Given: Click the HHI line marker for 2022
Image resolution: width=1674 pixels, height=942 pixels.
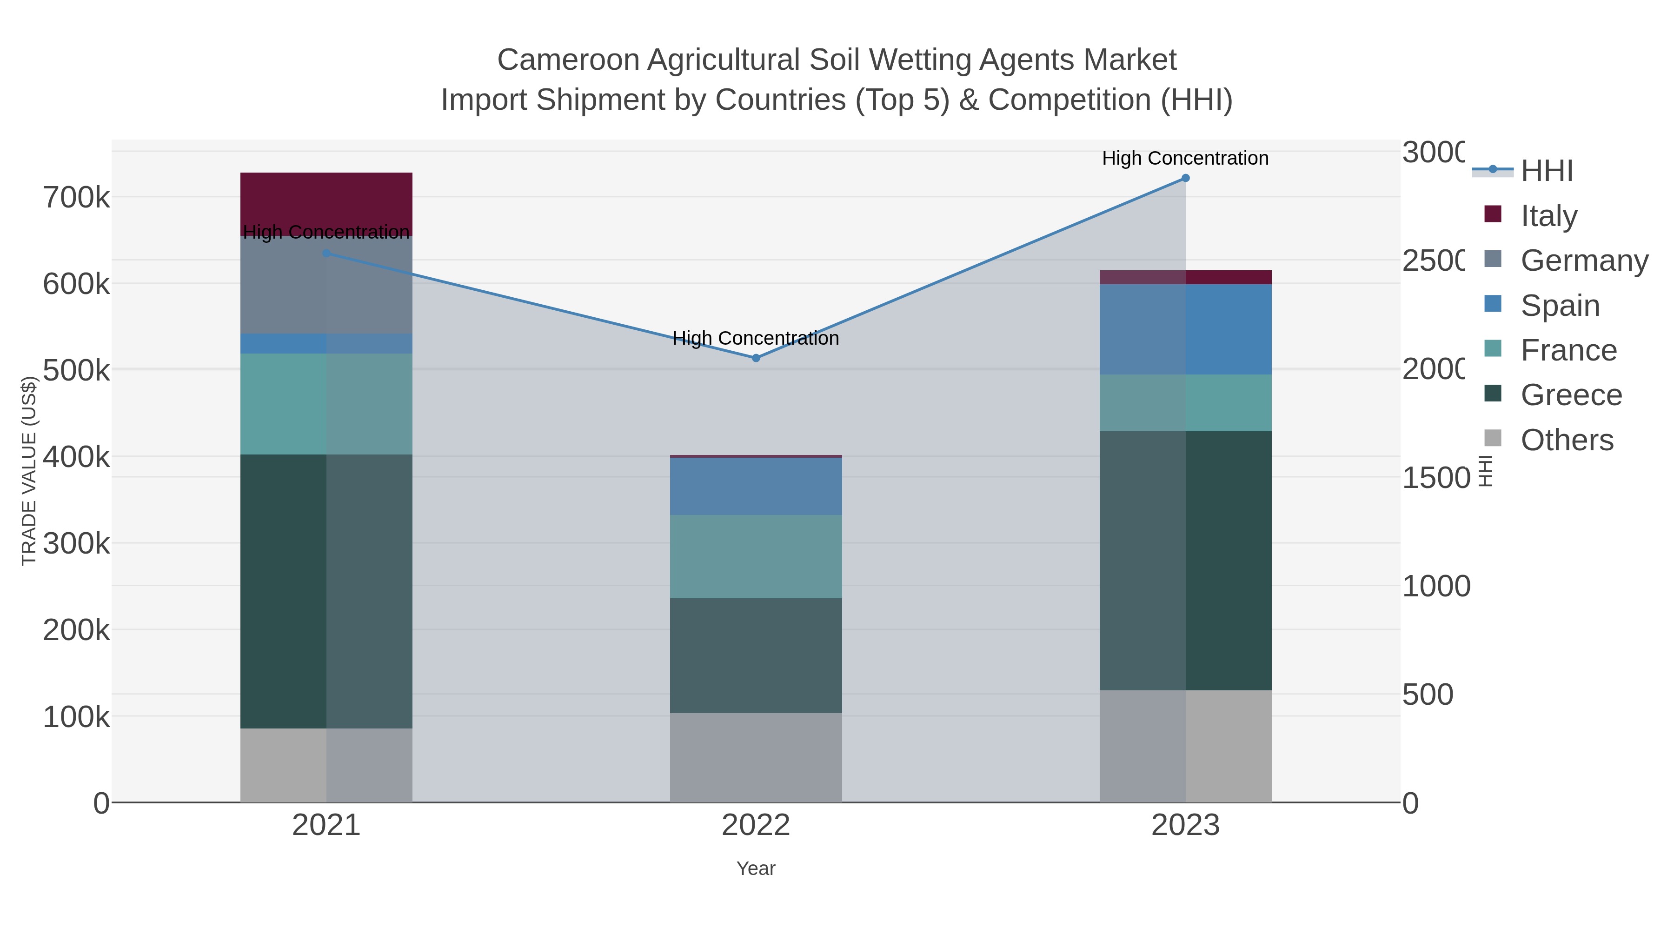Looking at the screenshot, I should (756, 358).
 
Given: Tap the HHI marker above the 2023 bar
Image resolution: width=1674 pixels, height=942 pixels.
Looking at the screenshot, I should (1185, 178).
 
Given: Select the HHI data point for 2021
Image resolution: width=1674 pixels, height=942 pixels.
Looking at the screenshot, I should (326, 254).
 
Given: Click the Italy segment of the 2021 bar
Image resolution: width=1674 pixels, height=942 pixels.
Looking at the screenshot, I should (326, 203).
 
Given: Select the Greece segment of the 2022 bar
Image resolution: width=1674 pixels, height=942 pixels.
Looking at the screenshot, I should (756, 655).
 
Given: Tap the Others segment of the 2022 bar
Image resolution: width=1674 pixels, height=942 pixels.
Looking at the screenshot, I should (756, 757).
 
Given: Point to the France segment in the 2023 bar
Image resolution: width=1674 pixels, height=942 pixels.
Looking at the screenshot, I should (1185, 402).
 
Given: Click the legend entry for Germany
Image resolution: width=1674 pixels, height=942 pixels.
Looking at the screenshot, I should (1584, 261).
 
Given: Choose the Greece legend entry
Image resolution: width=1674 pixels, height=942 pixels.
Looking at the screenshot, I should (1571, 395).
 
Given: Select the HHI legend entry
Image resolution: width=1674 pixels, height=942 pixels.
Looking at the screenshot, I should (1547, 171).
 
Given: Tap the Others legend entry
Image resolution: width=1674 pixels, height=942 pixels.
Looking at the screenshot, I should (1567, 440).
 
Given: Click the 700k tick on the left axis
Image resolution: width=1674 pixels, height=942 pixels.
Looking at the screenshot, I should (76, 198).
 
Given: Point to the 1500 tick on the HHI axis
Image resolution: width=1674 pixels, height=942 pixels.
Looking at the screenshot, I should (1435, 478).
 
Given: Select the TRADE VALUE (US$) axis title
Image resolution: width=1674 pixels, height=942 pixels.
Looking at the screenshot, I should (28, 471).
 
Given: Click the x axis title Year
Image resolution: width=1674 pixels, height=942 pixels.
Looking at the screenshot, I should (756, 869).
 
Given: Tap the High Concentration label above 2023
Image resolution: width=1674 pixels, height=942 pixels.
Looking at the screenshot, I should (1185, 158).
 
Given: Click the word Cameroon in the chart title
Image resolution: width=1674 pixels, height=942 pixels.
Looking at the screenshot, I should (568, 60).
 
